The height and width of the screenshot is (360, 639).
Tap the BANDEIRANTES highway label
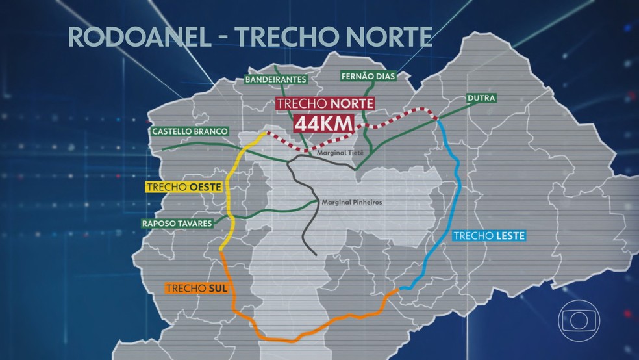tap(275, 80)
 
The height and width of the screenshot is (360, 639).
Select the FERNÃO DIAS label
tap(366, 77)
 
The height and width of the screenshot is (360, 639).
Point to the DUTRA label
tap(481, 98)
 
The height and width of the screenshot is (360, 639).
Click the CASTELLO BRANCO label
tap(190, 131)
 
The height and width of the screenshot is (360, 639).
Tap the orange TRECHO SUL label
tap(196, 288)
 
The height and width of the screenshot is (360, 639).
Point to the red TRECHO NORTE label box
tap(325, 104)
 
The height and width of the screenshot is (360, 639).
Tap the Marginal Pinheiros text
tap(352, 203)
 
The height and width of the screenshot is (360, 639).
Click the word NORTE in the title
tap(385, 36)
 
